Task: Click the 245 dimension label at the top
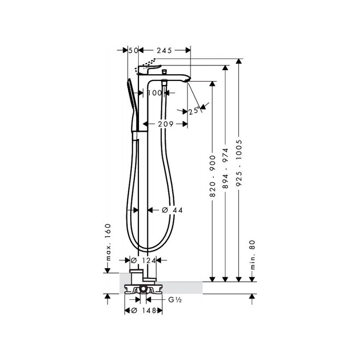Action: [164, 50]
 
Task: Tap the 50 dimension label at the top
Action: [133, 50]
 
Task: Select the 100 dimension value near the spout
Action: [155, 93]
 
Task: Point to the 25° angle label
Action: [193, 111]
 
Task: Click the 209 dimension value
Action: [166, 124]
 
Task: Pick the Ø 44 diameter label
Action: [172, 210]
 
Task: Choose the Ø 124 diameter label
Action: [143, 261]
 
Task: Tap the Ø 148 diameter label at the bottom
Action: [144, 310]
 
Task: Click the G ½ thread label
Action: [175, 300]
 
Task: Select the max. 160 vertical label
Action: [108, 242]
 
